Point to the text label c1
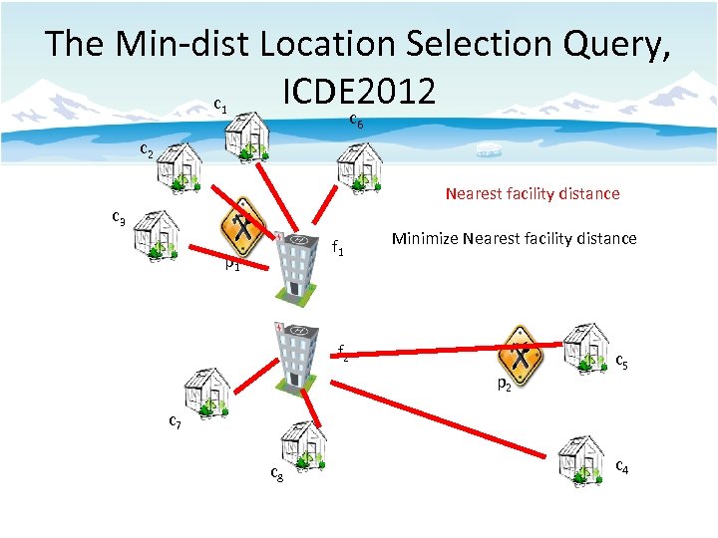tap(220, 105)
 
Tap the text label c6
tap(356, 121)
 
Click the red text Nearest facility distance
tap(532, 193)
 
